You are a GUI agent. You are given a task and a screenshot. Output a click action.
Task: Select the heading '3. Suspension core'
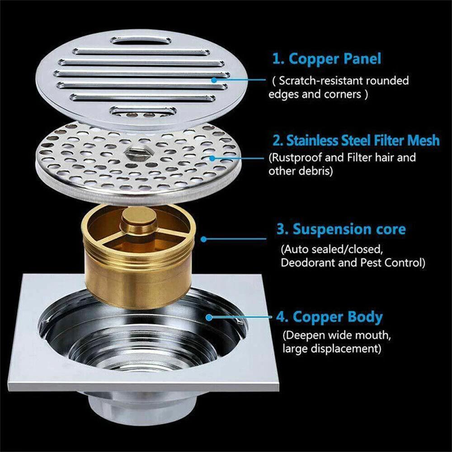[341, 229]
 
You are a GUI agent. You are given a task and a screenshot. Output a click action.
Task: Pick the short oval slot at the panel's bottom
[143, 110]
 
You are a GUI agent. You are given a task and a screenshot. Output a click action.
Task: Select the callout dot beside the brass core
[203, 238]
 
